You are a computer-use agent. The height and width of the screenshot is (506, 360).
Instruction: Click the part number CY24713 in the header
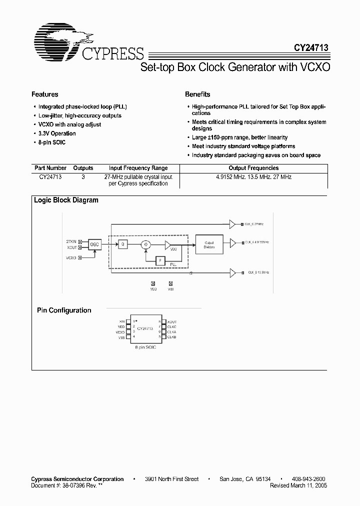pyautogui.click(x=311, y=48)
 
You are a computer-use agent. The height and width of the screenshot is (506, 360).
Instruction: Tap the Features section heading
pyautogui.click(x=45, y=94)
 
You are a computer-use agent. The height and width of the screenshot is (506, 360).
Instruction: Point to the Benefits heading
pyautogui.click(x=197, y=94)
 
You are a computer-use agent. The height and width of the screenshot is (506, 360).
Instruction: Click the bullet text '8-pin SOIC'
pyautogui.click(x=52, y=142)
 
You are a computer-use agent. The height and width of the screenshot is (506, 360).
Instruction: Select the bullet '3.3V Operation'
pyautogui.click(x=57, y=133)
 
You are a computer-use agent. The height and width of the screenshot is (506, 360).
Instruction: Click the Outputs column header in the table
pyautogui.click(x=83, y=168)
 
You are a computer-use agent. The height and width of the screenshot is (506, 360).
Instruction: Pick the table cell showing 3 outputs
pyautogui.click(x=83, y=177)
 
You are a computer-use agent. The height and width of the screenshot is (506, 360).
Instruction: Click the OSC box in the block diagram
pyautogui.click(x=95, y=243)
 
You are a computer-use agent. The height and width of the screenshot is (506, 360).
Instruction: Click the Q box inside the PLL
pyautogui.click(x=122, y=244)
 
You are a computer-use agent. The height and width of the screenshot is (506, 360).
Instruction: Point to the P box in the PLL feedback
pyautogui.click(x=159, y=260)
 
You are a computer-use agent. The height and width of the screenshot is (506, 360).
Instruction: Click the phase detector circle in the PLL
pyautogui.click(x=145, y=244)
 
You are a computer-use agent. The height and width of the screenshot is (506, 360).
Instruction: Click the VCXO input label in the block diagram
pyautogui.click(x=71, y=258)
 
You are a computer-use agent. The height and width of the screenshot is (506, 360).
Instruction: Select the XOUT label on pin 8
pyautogui.click(x=171, y=322)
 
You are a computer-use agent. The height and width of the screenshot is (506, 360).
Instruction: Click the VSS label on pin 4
pyautogui.click(x=121, y=337)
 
